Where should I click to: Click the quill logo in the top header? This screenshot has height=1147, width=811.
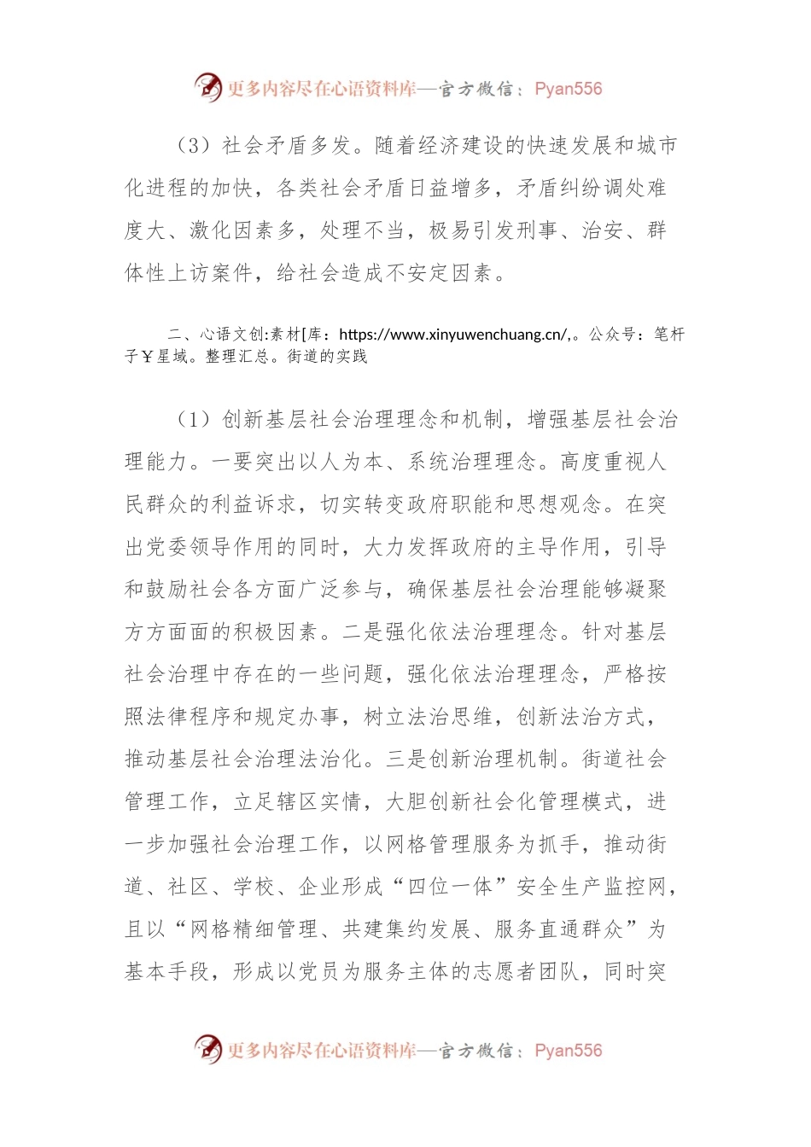tap(207, 87)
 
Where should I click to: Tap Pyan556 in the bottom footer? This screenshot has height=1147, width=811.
tap(568, 1051)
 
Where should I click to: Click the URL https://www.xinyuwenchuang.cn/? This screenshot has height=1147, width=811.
tap(453, 335)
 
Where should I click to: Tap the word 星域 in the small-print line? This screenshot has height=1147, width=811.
tap(176, 357)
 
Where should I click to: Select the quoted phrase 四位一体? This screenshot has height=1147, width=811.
tap(450, 888)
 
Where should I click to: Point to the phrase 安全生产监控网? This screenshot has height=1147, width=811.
tap(592, 888)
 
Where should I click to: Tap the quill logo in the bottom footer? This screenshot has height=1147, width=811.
tap(207, 1050)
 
